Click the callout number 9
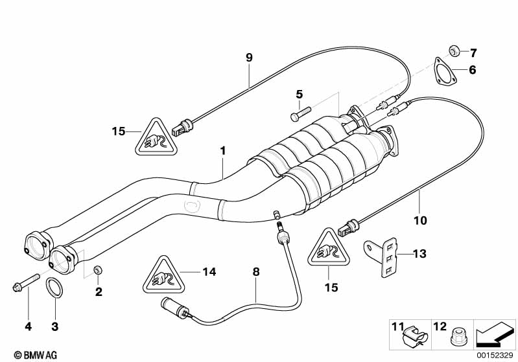[x=249, y=58]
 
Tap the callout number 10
[x=420, y=221]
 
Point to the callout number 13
[x=420, y=253]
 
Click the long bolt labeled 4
[x=19, y=284]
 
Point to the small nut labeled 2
[x=98, y=269]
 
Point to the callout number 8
[x=256, y=273]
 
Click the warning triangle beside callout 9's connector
[x=157, y=138]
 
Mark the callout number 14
[x=209, y=273]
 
